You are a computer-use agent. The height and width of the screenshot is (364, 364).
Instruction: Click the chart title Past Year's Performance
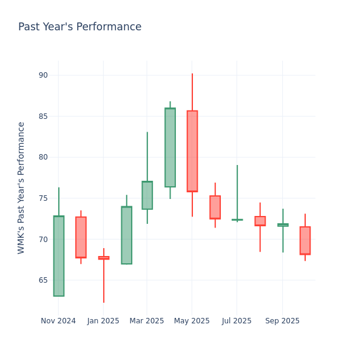(x=79, y=27)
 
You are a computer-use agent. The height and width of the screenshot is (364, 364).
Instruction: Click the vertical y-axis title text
(x=22, y=187)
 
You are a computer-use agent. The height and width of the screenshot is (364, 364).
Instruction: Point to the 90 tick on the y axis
(x=43, y=75)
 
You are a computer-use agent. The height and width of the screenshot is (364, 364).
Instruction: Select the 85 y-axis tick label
(x=43, y=116)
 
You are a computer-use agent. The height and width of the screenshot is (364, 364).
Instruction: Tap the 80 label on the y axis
(x=43, y=157)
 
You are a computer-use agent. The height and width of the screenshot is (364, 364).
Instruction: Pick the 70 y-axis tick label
(x=43, y=239)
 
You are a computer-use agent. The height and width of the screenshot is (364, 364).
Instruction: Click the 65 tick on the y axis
(x=43, y=280)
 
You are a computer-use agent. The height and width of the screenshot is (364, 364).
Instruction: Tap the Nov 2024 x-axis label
(x=58, y=321)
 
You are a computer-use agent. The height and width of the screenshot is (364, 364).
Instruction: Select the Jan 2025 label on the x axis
(x=103, y=321)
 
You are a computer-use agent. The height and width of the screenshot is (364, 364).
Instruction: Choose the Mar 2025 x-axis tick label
(x=147, y=321)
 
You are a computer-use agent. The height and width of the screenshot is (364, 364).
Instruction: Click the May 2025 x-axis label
(x=192, y=321)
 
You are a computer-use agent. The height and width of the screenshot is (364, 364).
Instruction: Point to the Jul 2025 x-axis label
(x=237, y=321)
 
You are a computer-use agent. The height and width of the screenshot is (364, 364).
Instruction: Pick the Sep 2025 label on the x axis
(x=283, y=321)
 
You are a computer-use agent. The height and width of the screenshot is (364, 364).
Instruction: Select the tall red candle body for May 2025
(x=192, y=151)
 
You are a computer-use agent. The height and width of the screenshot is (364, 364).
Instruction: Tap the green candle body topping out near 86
(x=170, y=147)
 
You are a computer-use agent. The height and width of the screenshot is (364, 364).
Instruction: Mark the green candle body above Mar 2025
(x=147, y=195)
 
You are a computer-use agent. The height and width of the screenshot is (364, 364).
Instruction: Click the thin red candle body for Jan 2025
(x=104, y=258)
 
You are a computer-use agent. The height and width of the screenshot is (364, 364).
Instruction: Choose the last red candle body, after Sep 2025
(x=305, y=240)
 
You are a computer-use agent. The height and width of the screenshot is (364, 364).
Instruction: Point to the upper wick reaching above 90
(x=192, y=91)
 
